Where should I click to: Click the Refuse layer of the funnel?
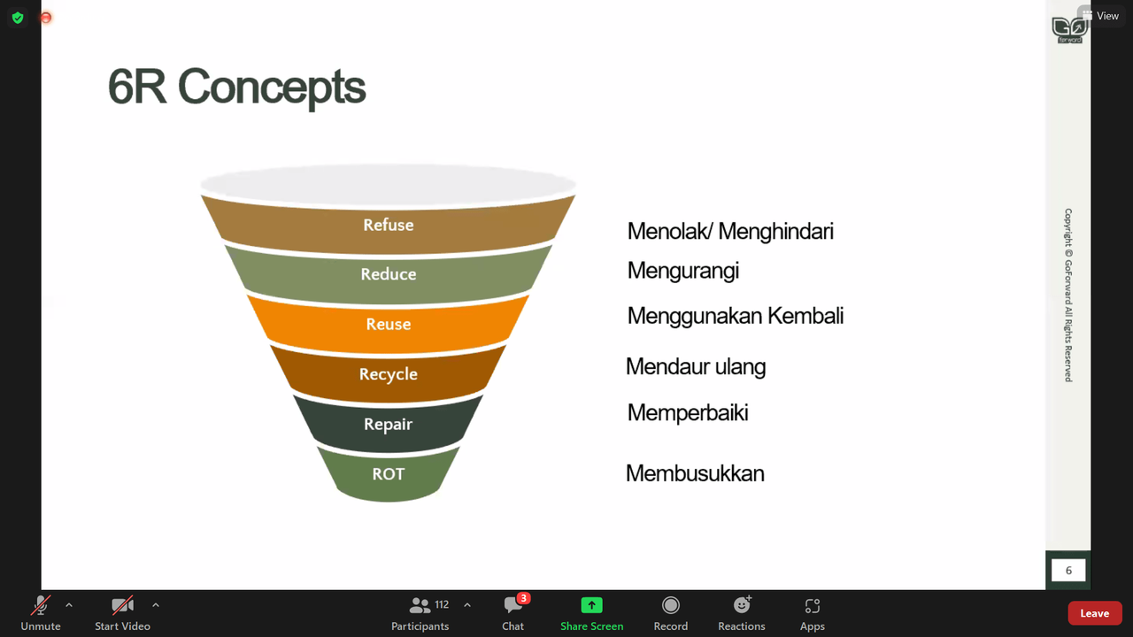pos(389,225)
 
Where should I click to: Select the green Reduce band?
pos(389,274)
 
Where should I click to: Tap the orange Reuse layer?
pos(389,324)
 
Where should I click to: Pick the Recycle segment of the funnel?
pos(389,374)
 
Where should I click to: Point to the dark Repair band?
pos(389,424)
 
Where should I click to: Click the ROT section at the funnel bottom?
pos(389,474)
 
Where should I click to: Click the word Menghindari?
pos(775,232)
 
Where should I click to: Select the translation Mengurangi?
pos(683,272)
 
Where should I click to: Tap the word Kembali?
pos(805,316)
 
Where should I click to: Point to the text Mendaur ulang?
pos(696,367)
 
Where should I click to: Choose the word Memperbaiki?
pos(688,413)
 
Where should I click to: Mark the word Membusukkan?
pos(695,473)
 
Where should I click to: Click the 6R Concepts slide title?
pos(236,88)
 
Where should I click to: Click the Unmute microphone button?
pos(41,613)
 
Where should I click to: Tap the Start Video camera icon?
pos(122,606)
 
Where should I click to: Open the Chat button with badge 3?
pos(513,613)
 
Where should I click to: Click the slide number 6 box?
pos(1068,571)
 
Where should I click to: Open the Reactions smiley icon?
pos(742,605)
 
